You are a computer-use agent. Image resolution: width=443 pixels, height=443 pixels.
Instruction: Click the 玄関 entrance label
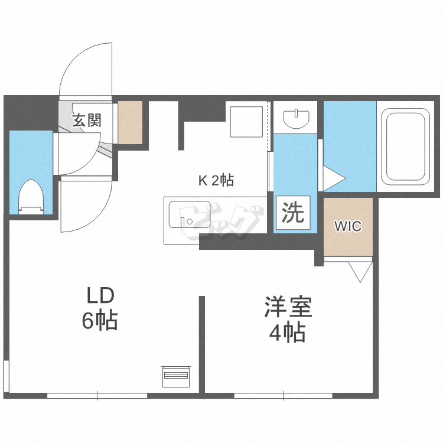click(87, 120)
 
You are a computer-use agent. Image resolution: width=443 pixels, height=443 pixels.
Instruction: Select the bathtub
click(405, 146)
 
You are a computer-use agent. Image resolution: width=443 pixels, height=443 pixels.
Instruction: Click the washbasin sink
click(295, 119)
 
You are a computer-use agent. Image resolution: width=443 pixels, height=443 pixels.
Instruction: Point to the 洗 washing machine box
click(292, 212)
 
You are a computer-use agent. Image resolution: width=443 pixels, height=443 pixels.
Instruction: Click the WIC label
click(348, 226)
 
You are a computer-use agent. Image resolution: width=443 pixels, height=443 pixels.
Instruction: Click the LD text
click(100, 295)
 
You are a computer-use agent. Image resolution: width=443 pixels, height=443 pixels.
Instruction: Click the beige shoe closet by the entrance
click(131, 123)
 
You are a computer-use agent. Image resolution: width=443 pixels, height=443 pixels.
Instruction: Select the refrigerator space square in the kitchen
click(246, 120)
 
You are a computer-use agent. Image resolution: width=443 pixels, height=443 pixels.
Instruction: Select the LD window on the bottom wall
click(97, 395)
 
